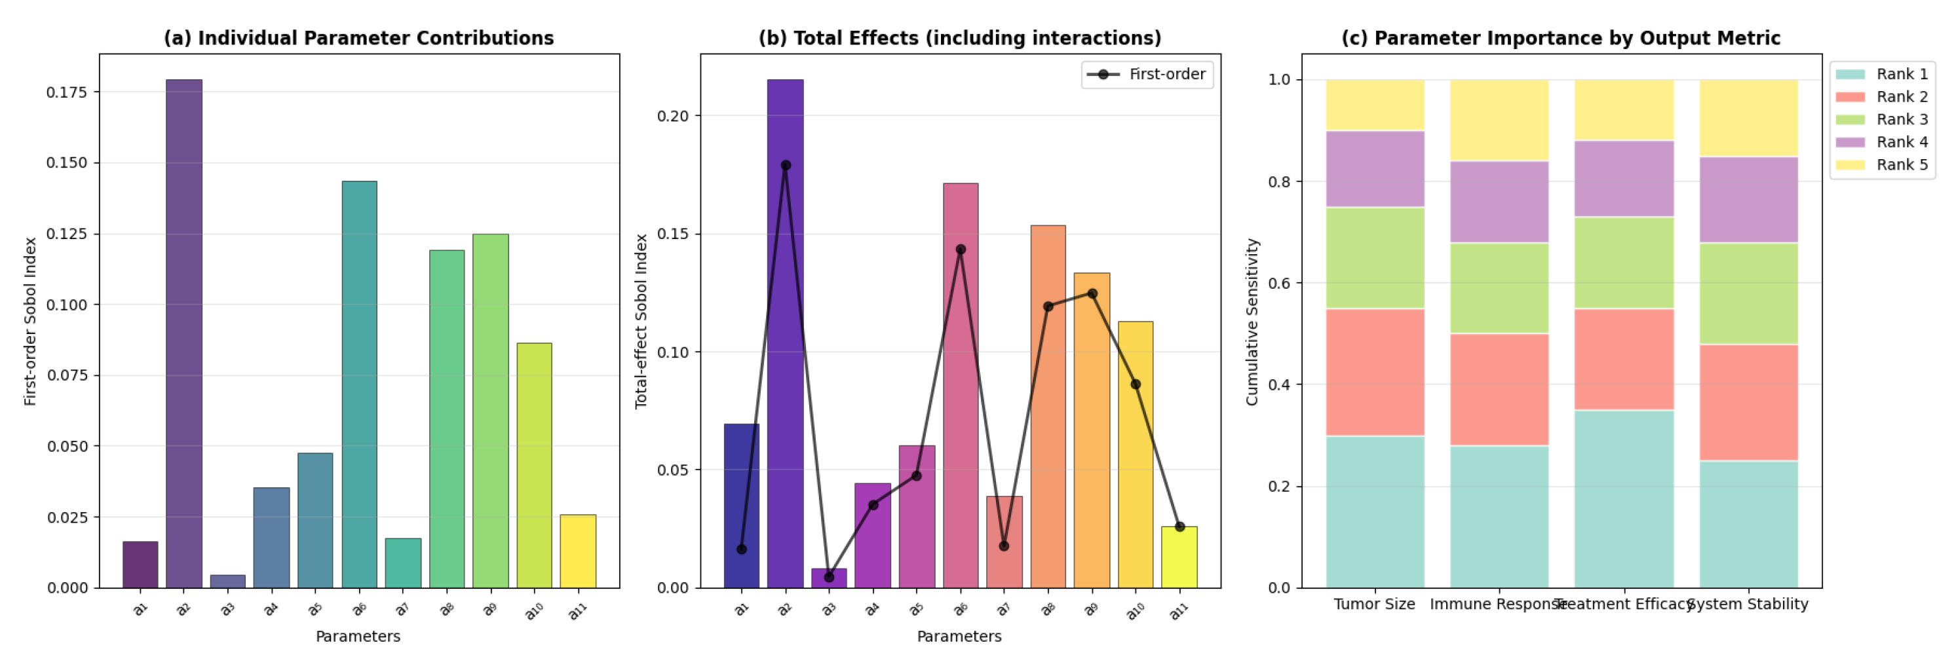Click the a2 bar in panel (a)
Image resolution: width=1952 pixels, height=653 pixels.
(x=184, y=333)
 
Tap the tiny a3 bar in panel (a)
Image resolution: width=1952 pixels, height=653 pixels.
(x=227, y=581)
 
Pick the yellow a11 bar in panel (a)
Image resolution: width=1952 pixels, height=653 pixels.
(x=578, y=551)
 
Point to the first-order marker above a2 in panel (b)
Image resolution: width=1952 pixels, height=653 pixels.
(x=786, y=165)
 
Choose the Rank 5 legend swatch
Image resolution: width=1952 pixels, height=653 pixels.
(x=1850, y=165)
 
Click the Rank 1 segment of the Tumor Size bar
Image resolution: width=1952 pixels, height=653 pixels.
(x=1375, y=512)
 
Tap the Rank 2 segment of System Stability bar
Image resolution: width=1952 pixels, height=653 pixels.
(x=1748, y=402)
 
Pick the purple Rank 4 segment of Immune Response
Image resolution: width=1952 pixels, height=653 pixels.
(x=1499, y=202)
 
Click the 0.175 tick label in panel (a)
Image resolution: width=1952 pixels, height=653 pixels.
(x=67, y=92)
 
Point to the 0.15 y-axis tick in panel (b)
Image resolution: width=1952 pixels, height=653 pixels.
(x=673, y=234)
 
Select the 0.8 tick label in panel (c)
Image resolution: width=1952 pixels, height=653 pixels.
(x=1279, y=182)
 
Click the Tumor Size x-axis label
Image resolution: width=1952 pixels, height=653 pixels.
(x=1375, y=604)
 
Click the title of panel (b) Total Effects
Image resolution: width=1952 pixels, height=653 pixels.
(x=959, y=38)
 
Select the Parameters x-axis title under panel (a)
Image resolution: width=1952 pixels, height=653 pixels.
(x=358, y=637)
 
